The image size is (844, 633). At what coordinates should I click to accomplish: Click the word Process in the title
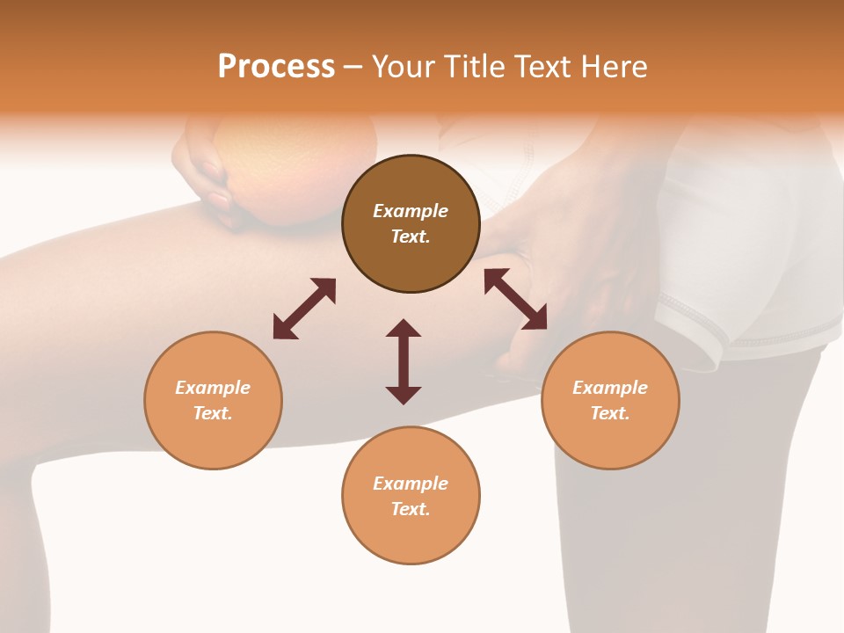pos(276,67)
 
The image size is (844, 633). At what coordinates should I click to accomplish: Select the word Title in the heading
pos(473,67)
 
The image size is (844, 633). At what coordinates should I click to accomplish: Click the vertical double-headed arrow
pos(404,361)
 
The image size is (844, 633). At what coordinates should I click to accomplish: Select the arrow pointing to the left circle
pos(304,309)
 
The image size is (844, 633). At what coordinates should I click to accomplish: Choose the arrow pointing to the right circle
pos(515,299)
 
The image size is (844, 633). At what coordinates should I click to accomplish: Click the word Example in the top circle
pos(411,211)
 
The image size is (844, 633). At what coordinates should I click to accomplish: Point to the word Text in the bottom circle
pos(410,509)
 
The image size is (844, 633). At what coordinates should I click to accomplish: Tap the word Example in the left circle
pos(213,388)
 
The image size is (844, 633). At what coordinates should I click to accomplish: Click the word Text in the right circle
pos(609,413)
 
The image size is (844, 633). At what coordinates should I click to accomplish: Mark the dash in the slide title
pos(353,68)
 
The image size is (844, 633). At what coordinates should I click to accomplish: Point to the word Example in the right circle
pos(610,388)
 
